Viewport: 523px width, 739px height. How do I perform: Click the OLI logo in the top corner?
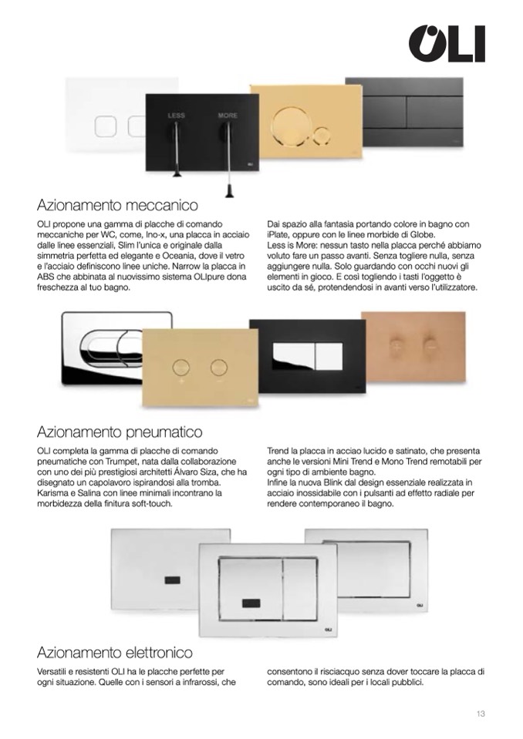[x=446, y=43]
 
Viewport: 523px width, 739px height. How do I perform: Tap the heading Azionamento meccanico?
[x=117, y=206]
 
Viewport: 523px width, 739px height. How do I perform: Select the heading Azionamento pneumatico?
[x=120, y=432]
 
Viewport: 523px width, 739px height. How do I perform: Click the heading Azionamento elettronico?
[x=115, y=653]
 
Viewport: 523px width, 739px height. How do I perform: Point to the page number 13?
[x=481, y=714]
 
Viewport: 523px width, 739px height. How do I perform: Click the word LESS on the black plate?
[x=176, y=116]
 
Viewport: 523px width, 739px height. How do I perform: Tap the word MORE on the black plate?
[x=228, y=116]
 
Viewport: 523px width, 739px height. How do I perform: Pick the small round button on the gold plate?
[x=322, y=135]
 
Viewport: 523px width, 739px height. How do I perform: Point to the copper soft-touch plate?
[x=413, y=347]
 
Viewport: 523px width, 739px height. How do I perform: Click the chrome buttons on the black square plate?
[x=308, y=357]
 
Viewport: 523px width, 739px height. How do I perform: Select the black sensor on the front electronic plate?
[x=251, y=603]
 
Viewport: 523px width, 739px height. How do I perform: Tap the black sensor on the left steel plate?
[x=173, y=579]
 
